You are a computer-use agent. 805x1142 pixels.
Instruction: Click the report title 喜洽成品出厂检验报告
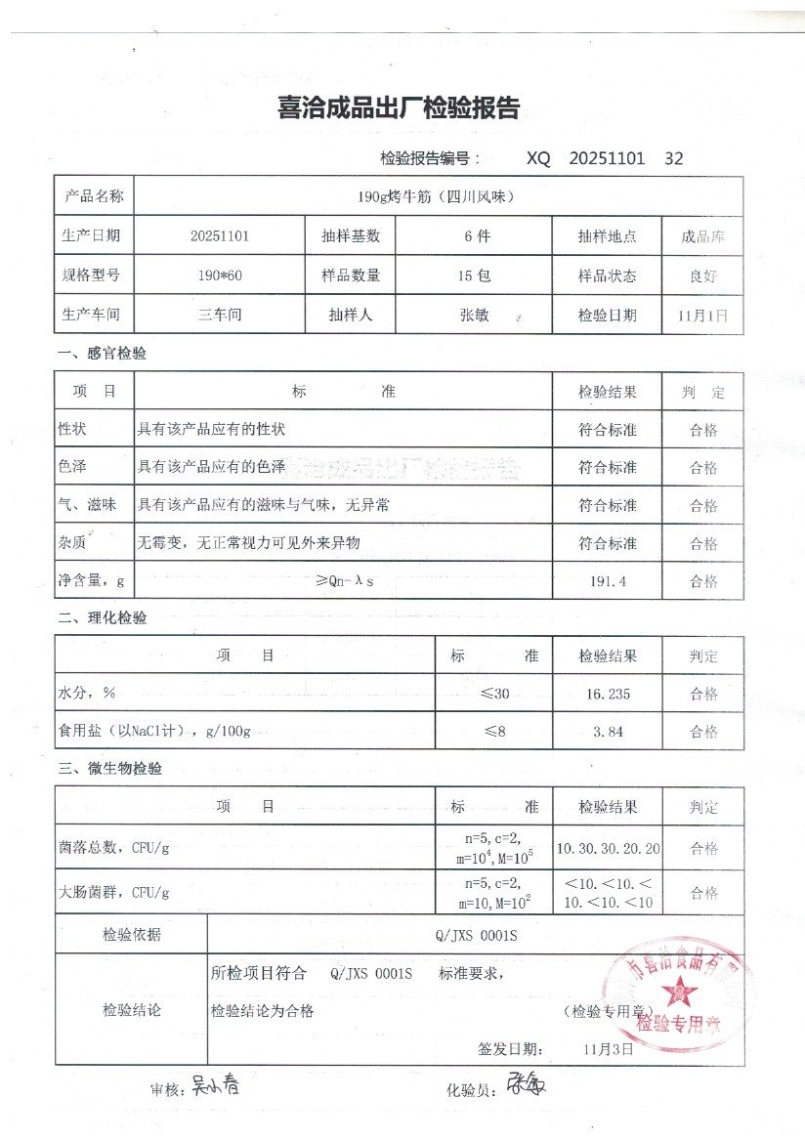(x=400, y=108)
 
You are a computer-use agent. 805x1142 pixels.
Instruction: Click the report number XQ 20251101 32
(x=605, y=158)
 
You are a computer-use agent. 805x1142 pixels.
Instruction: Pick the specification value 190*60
(x=220, y=275)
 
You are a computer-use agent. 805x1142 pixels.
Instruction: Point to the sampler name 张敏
(x=475, y=316)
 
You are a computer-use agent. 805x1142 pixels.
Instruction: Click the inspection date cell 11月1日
(x=701, y=316)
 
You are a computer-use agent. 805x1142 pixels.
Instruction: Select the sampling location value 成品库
(x=702, y=236)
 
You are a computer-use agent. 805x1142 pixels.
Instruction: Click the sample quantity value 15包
(x=475, y=275)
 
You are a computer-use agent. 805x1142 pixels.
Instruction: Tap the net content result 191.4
(x=607, y=581)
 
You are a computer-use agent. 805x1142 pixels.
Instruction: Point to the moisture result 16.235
(x=607, y=695)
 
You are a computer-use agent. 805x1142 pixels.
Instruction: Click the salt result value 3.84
(x=607, y=732)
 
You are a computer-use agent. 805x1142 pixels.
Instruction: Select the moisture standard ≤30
(x=494, y=695)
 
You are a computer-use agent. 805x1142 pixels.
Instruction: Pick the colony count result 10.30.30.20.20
(x=608, y=848)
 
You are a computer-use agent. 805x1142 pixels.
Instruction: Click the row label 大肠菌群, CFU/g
(x=114, y=892)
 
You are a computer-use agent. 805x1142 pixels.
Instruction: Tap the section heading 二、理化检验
(x=103, y=618)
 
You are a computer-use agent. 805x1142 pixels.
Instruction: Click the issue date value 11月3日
(x=608, y=1049)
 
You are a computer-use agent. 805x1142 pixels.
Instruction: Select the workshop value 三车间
(x=220, y=316)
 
